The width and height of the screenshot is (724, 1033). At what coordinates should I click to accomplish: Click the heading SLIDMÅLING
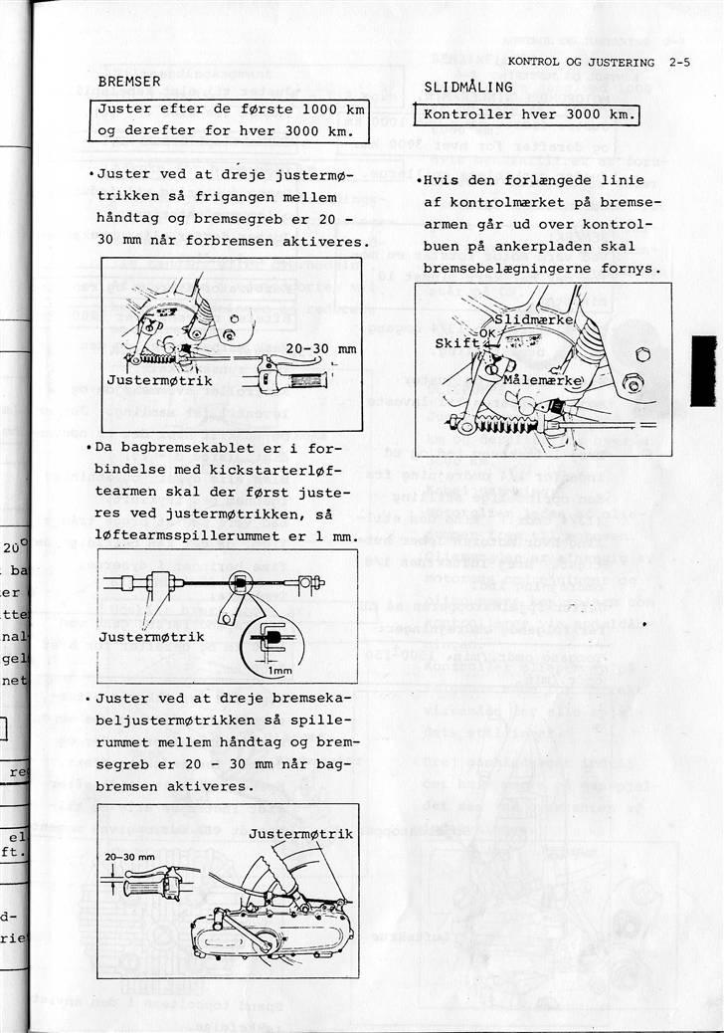pyautogui.click(x=468, y=87)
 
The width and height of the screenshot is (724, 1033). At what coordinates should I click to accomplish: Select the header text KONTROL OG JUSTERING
pyautogui.click(x=580, y=63)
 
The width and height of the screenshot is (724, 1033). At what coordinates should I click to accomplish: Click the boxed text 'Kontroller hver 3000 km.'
pyautogui.click(x=527, y=115)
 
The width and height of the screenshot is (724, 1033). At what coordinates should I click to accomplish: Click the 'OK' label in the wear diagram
pyautogui.click(x=486, y=332)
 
